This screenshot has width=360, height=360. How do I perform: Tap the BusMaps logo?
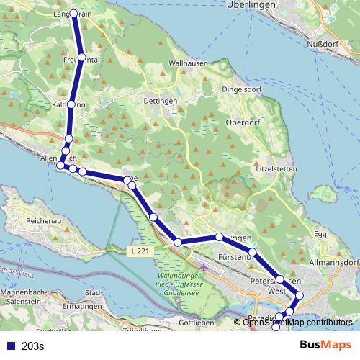[x=326, y=346]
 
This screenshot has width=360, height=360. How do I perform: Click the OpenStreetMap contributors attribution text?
[x=297, y=323]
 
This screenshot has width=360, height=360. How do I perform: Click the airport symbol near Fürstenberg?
[x=204, y=269]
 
